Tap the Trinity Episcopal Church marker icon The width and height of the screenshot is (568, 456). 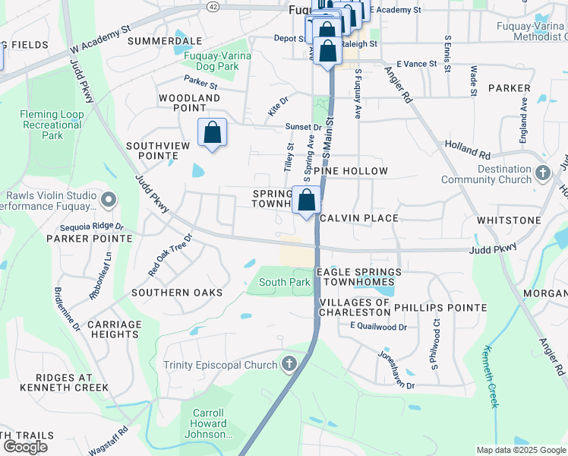click(x=289, y=365)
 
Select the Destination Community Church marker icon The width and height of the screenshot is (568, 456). click(x=542, y=173)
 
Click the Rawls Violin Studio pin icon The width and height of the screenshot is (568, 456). click(x=108, y=200)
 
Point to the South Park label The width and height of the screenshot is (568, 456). click(x=285, y=283)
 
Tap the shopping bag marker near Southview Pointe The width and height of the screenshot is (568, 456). click(x=213, y=133)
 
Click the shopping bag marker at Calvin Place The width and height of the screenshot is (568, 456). click(x=307, y=201)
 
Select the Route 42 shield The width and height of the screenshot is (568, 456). click(x=213, y=5)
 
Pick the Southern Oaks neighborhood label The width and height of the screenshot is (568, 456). click(x=177, y=293)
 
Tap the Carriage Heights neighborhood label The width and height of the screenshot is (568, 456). click(x=115, y=330)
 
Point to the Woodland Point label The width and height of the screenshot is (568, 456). click(x=189, y=103)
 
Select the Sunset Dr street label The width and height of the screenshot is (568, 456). click(x=302, y=128)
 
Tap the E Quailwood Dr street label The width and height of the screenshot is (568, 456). click(x=378, y=327)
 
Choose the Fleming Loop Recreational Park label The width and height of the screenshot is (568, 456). click(x=52, y=125)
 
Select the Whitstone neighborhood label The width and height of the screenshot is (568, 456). click(x=508, y=219)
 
